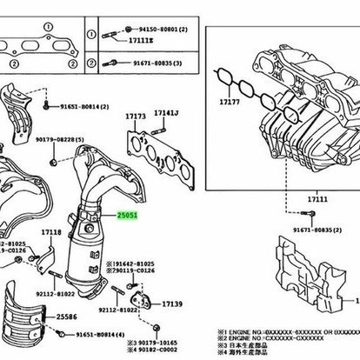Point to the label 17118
[x=50, y=232]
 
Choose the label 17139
[x=172, y=303]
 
